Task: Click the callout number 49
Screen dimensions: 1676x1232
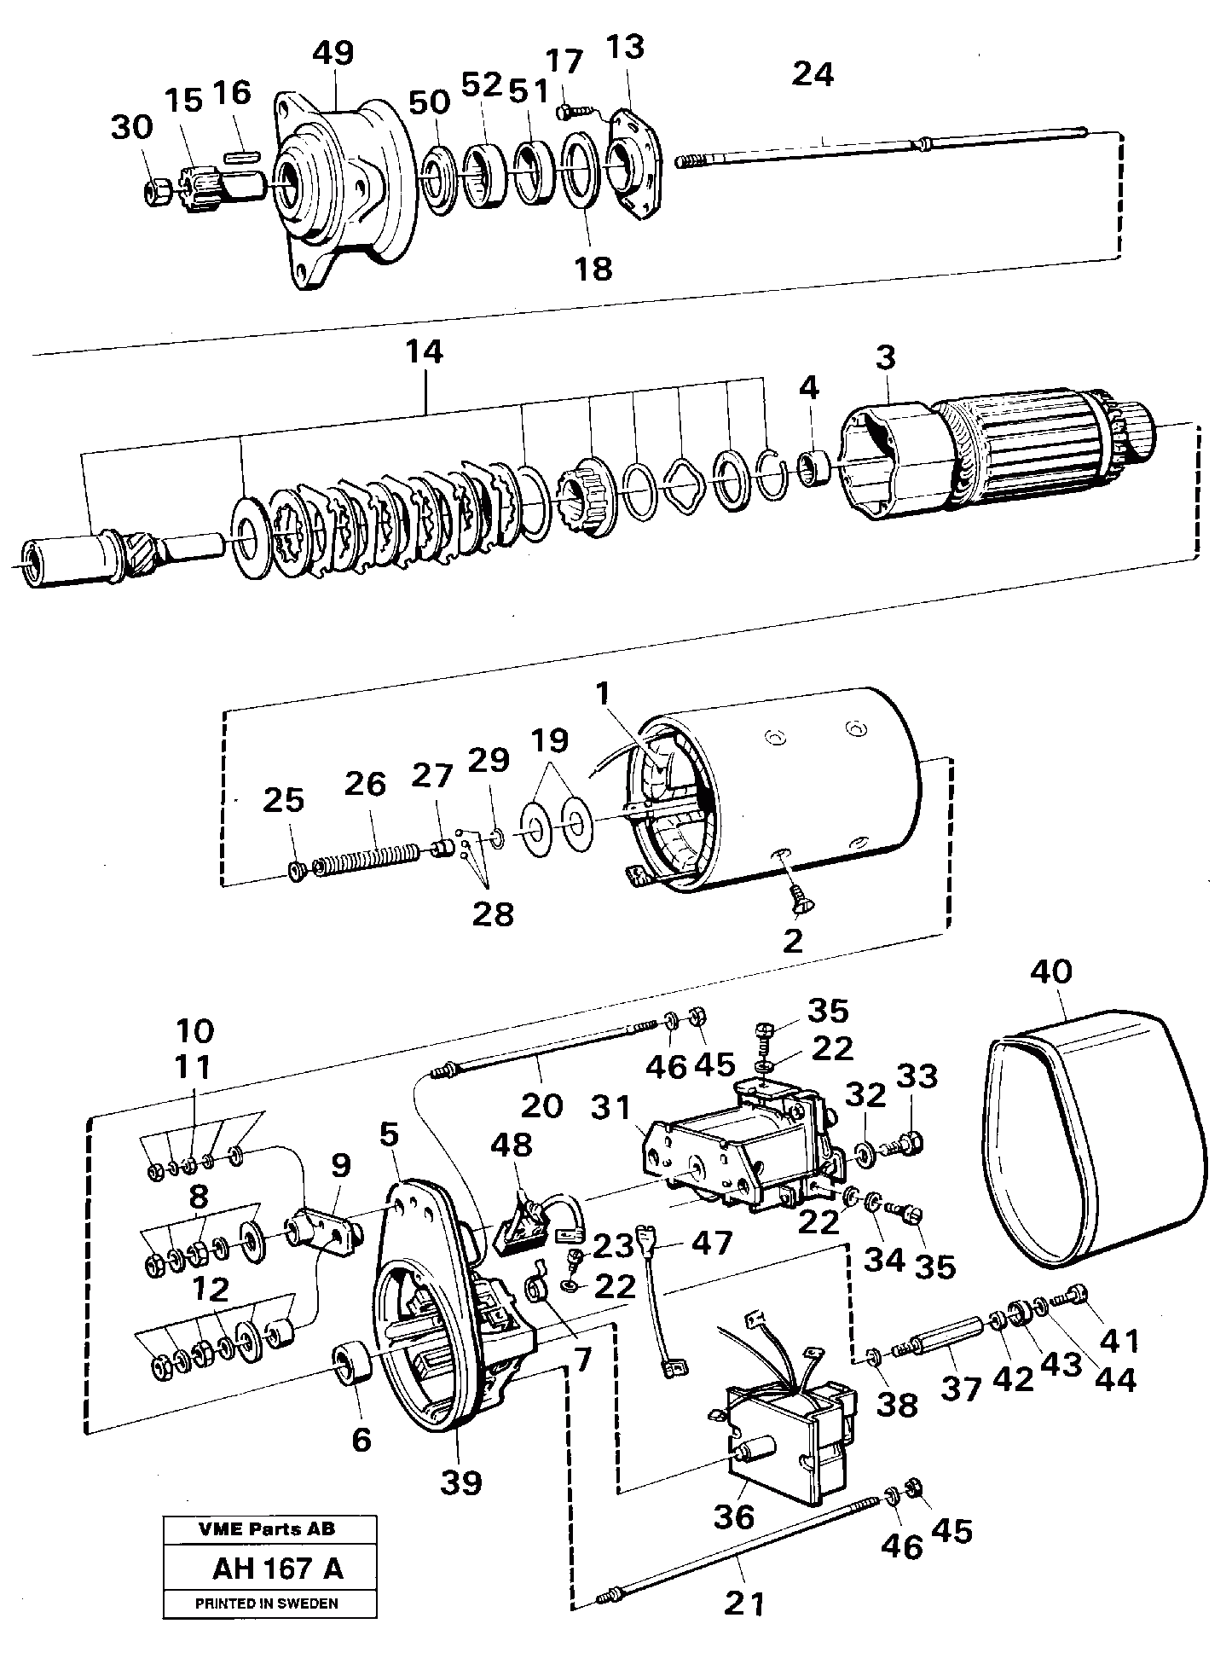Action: pyautogui.click(x=333, y=53)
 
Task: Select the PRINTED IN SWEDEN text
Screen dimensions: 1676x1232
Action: pyautogui.click(x=267, y=1604)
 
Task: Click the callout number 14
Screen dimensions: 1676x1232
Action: pyautogui.click(x=425, y=351)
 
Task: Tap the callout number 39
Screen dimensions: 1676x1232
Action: pyautogui.click(x=460, y=1482)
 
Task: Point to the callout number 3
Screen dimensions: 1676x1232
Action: pyautogui.click(x=885, y=357)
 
